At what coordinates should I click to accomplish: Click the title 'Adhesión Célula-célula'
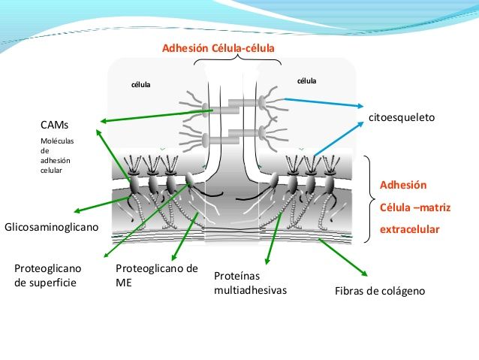[218, 49]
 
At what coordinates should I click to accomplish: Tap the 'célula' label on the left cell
[141, 84]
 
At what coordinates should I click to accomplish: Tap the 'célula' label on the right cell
[307, 80]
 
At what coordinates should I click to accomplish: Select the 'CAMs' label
[54, 124]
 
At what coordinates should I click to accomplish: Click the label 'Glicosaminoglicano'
[51, 226]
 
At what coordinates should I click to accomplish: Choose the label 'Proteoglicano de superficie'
[47, 275]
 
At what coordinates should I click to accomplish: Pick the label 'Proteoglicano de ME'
[157, 275]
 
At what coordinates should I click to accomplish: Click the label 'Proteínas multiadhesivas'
[250, 283]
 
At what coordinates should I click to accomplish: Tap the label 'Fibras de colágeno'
[379, 291]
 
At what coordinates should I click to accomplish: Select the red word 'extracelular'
[409, 229]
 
